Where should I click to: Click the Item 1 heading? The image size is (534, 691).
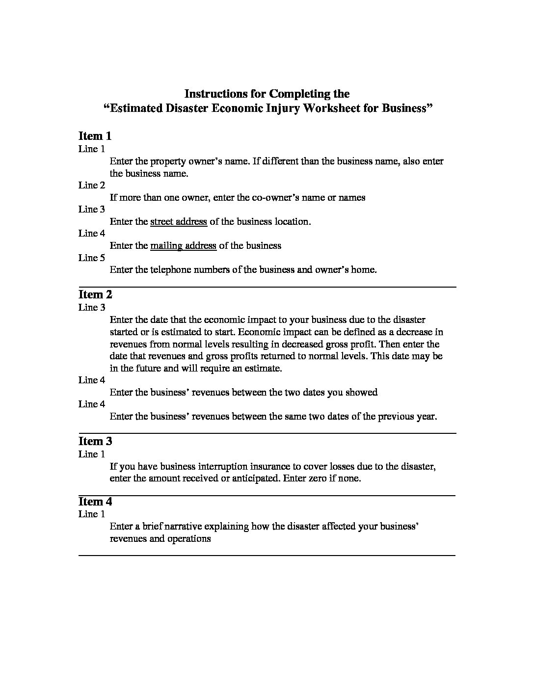coord(95,136)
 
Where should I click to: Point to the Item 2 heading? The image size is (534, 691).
coord(95,294)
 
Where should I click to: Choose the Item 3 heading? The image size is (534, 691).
coord(95,441)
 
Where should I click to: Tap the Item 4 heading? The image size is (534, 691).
coord(95,502)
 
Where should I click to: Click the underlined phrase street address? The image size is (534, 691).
coord(179,222)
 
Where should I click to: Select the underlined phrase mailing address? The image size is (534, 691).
coord(183,246)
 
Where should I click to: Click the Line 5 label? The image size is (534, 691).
coord(92,258)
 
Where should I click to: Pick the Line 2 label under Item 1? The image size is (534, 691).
coord(92,185)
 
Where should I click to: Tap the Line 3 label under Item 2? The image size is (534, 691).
coord(92,308)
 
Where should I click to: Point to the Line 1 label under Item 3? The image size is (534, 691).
coord(92,454)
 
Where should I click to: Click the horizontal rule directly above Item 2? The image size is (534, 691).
coord(267,287)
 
